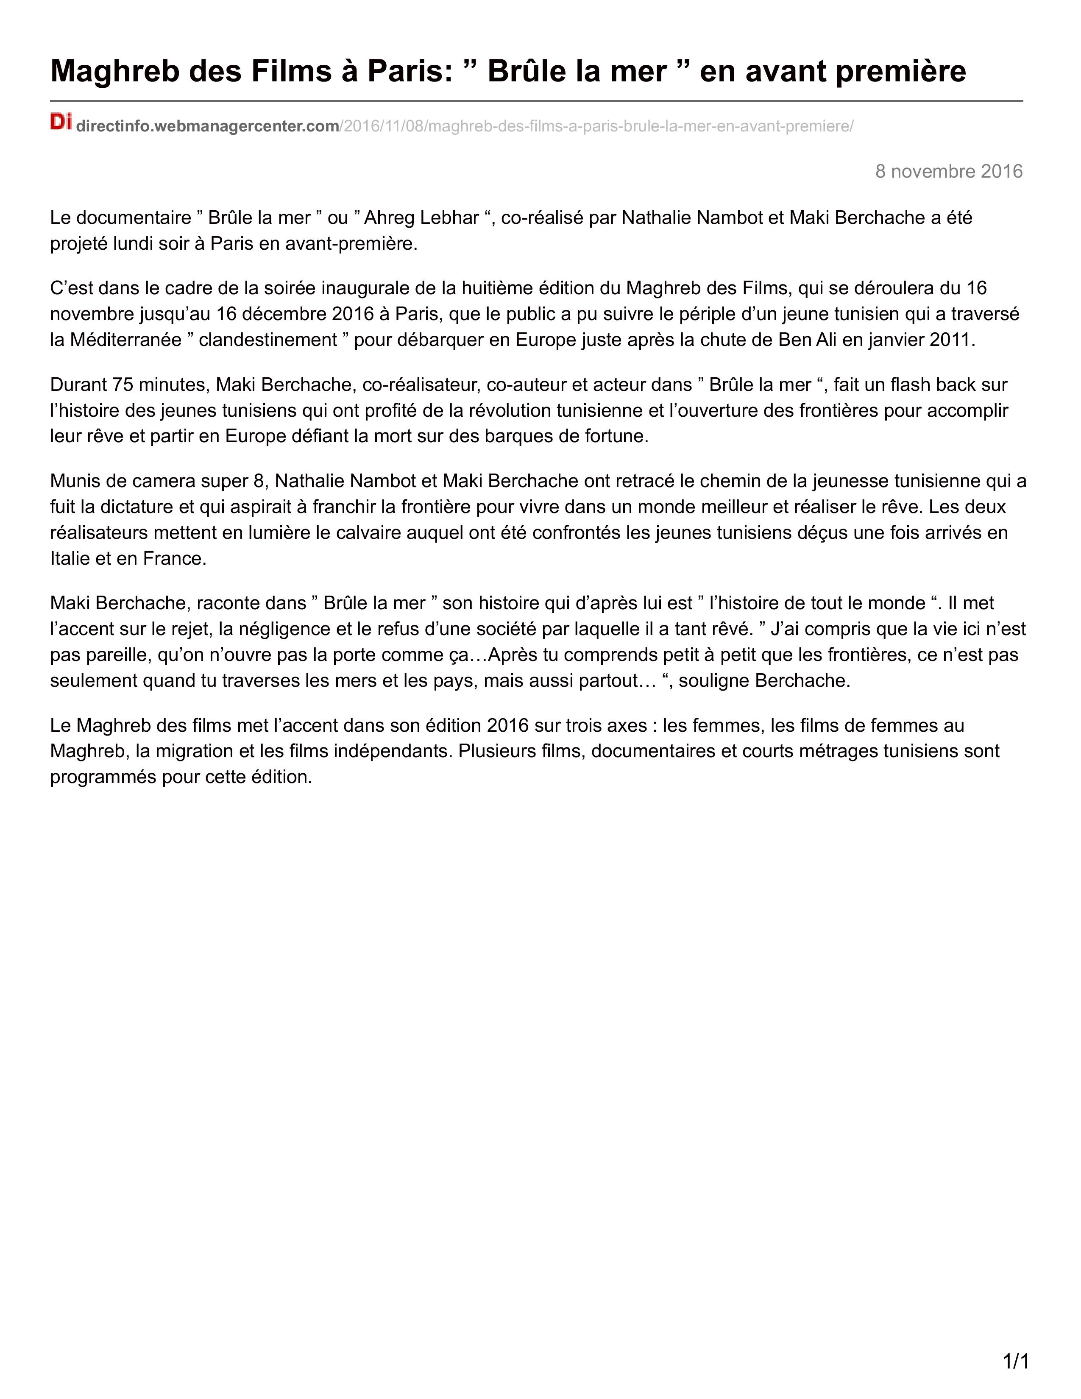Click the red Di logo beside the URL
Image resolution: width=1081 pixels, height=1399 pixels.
pos(61,121)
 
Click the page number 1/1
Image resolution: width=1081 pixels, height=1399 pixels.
pos(1015,1356)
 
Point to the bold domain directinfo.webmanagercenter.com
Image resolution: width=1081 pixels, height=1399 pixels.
pos(207,126)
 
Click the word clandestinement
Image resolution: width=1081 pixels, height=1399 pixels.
pos(267,340)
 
